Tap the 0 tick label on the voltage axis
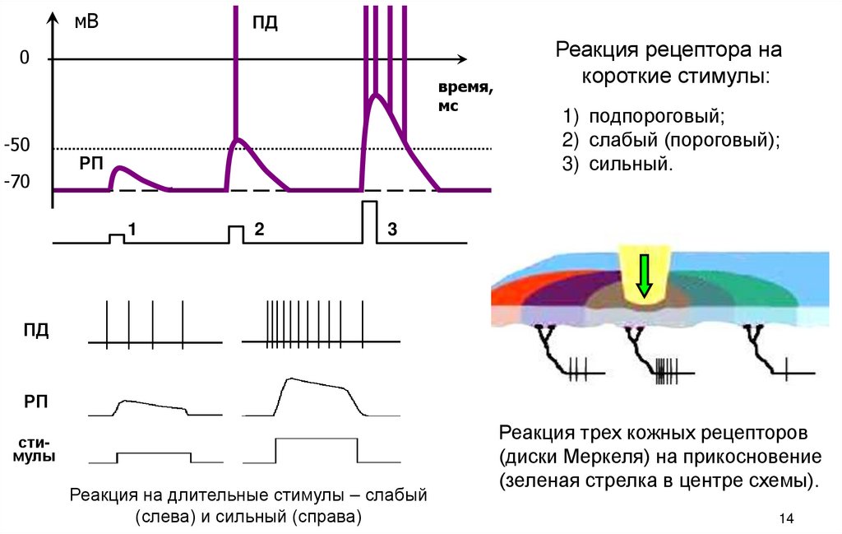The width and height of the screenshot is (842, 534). click(24, 58)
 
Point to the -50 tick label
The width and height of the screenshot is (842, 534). click(17, 146)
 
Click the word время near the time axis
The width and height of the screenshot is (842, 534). click(465, 89)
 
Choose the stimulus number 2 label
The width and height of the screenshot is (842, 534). click(258, 230)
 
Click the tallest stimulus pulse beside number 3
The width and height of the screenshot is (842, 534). click(369, 221)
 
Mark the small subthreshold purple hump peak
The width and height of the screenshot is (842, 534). click(120, 168)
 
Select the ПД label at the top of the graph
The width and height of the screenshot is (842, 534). click(265, 22)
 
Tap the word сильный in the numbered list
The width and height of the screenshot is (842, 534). click(631, 164)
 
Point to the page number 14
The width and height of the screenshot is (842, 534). click(784, 518)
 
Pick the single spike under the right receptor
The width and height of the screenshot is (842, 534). click(786, 369)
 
